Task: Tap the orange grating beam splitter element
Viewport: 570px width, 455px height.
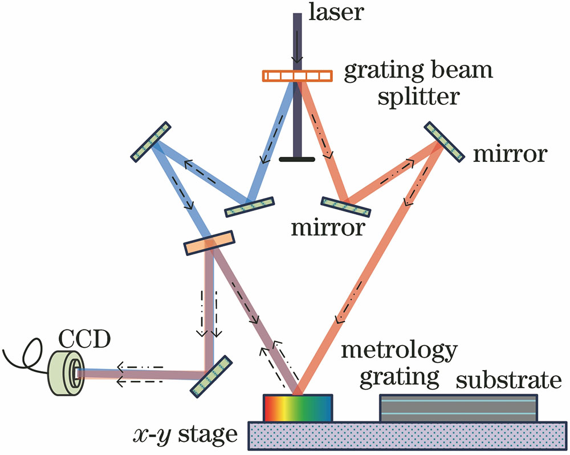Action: [296, 75]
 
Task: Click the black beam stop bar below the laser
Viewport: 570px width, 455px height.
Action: [296, 159]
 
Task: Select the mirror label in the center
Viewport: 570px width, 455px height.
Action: [328, 228]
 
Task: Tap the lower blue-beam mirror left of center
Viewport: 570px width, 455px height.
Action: [249, 207]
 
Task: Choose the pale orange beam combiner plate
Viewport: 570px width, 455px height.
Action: [209, 242]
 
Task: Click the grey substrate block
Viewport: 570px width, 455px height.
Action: [458, 408]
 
